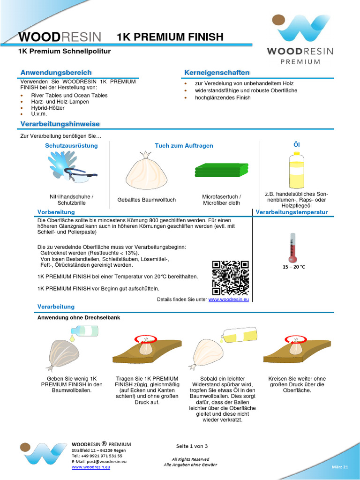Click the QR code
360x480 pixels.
click(x=230, y=276)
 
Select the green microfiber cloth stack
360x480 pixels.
click(x=222, y=170)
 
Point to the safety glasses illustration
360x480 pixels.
click(x=81, y=176)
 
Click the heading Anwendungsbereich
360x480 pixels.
click(x=56, y=73)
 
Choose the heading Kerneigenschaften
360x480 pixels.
click(x=217, y=73)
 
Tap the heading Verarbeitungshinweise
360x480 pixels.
click(x=60, y=124)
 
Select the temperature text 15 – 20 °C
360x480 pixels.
click(x=293, y=267)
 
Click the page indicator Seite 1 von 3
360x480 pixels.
click(x=192, y=446)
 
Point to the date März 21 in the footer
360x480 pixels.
click(x=342, y=467)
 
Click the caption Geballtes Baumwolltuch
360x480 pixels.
click(x=147, y=200)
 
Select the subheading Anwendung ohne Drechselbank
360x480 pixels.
click(x=79, y=317)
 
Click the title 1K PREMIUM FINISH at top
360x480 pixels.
click(x=170, y=37)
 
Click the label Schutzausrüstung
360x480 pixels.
click(x=71, y=146)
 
